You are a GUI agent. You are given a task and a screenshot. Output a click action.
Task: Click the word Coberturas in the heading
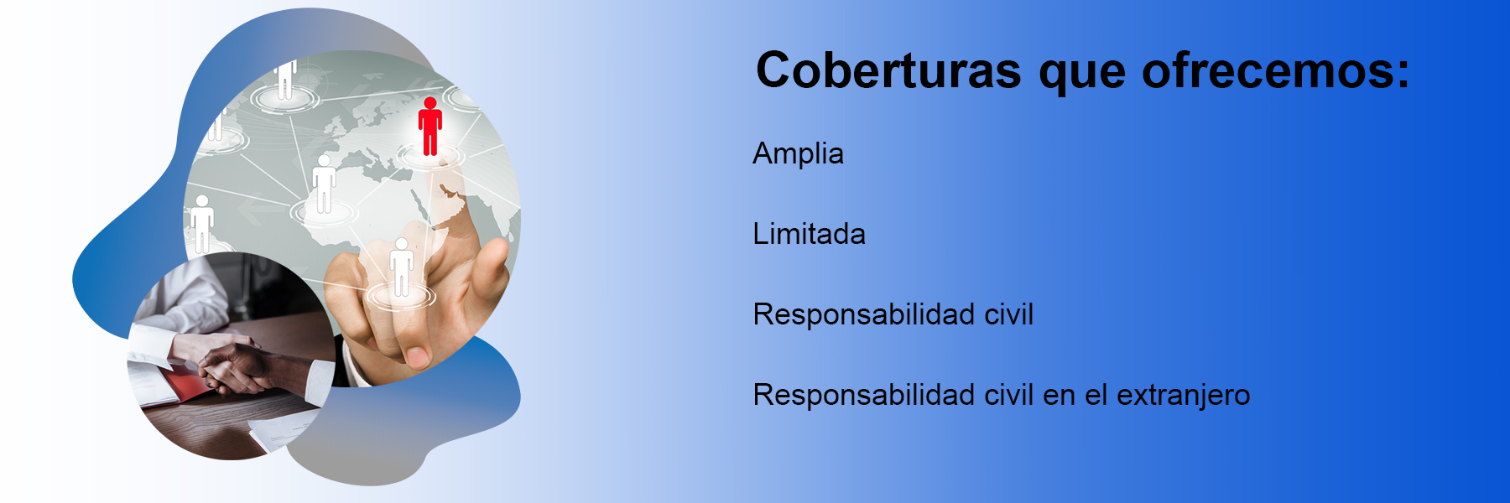(888, 70)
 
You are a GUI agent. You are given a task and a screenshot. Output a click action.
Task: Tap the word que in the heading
(1081, 75)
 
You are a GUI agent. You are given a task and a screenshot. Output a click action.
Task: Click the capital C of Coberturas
(774, 70)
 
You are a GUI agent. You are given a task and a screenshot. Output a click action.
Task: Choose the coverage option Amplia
(798, 154)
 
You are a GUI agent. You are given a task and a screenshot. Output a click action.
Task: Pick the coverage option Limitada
(809, 234)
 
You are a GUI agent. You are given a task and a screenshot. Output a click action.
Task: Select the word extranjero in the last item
(1184, 396)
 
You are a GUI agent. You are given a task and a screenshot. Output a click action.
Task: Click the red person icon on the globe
(430, 127)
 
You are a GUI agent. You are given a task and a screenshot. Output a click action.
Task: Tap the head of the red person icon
(430, 103)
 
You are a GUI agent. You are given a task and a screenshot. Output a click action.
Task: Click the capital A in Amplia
(763, 153)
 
